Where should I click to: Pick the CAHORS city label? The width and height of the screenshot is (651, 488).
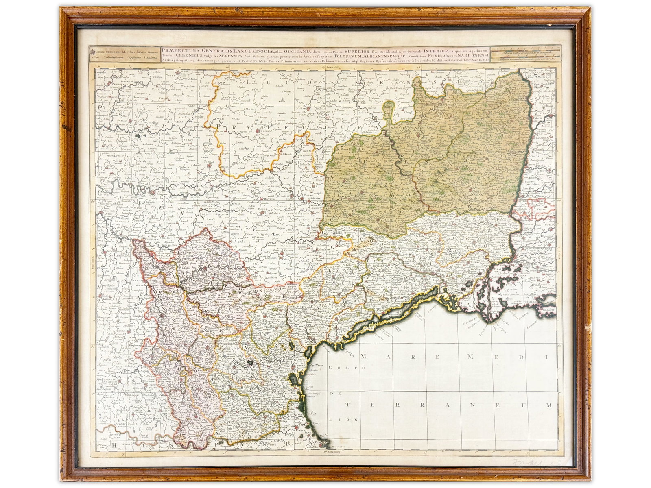tap(155, 194)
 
